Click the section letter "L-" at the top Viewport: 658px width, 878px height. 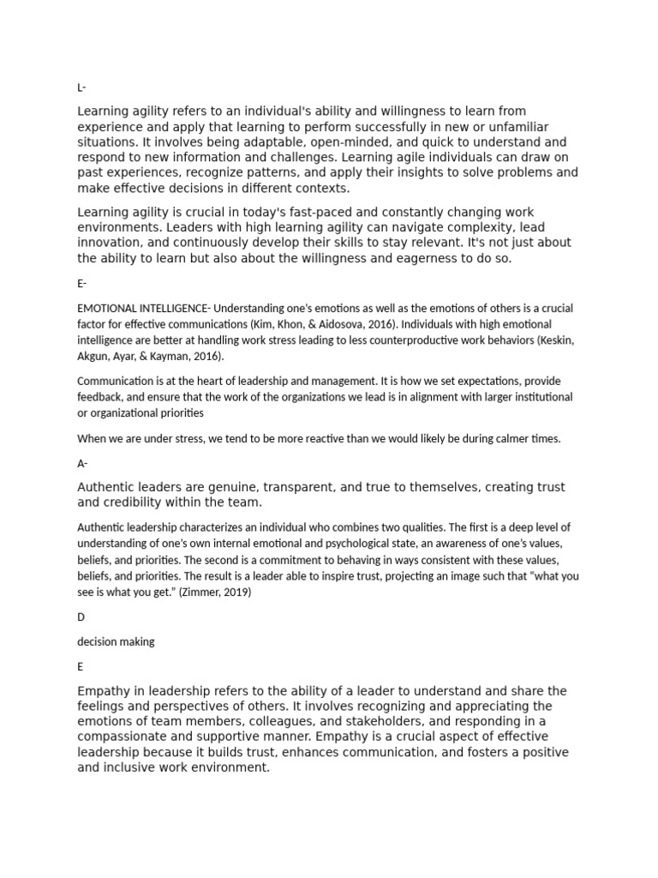81,87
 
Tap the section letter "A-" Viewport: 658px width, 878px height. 82,463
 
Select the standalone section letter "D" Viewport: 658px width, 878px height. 81,617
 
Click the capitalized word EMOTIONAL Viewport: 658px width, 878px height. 107,308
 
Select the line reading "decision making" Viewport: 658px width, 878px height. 116,641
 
